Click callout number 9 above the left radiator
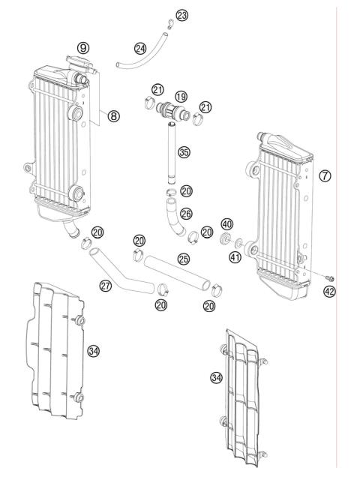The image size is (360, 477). point(83,47)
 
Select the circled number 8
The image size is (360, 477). point(114,116)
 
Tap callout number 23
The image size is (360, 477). point(182,15)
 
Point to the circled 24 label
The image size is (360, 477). point(139,48)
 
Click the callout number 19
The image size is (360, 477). point(181,97)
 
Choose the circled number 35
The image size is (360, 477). point(184,153)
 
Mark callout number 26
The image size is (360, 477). point(186,213)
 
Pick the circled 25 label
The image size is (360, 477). point(183,259)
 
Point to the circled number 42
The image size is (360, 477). point(330,292)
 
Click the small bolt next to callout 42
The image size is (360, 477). point(331,279)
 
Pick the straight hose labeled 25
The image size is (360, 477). point(177,271)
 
